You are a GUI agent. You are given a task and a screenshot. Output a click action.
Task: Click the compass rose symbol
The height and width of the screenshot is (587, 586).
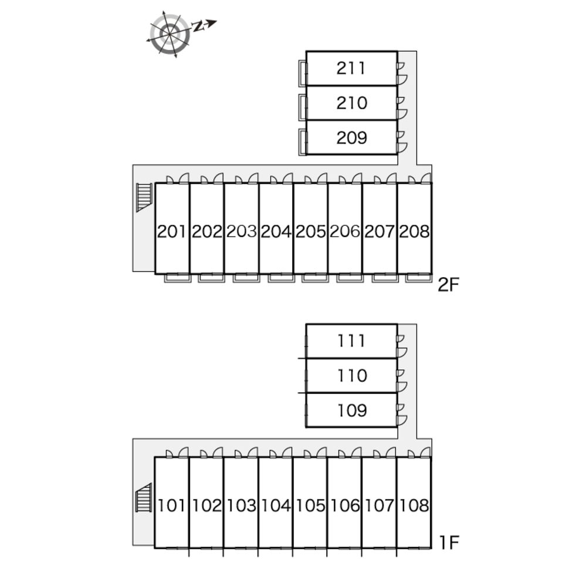point(171,33)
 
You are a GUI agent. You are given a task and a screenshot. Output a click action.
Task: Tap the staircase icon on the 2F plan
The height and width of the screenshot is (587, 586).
point(144,197)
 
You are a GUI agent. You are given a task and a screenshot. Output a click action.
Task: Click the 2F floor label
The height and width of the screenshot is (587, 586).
point(449,285)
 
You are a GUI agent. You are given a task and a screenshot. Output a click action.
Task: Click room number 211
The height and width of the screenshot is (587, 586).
point(351,68)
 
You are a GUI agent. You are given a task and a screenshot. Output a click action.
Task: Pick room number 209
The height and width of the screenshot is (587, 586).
point(351,138)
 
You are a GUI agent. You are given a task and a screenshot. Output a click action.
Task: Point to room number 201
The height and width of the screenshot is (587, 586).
point(172,232)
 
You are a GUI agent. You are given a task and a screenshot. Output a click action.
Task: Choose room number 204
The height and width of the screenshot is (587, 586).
point(276,232)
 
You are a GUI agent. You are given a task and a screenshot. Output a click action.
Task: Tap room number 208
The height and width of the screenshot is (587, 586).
point(414,232)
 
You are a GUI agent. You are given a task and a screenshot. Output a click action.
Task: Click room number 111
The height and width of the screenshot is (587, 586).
point(351,340)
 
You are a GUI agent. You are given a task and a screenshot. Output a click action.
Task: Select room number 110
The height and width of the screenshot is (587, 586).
point(351,376)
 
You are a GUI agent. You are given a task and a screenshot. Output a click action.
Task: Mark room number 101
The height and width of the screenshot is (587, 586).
point(172,505)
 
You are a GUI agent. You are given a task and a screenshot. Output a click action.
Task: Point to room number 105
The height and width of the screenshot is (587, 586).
point(310,505)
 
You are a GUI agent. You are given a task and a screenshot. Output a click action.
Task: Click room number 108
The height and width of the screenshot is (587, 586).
point(414,505)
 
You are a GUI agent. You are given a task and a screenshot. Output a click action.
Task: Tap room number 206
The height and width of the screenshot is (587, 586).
point(345,232)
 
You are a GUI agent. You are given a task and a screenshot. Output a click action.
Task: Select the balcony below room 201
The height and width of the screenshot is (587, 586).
point(177,278)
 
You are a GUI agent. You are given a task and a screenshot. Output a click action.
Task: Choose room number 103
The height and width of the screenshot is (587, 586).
point(241,505)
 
